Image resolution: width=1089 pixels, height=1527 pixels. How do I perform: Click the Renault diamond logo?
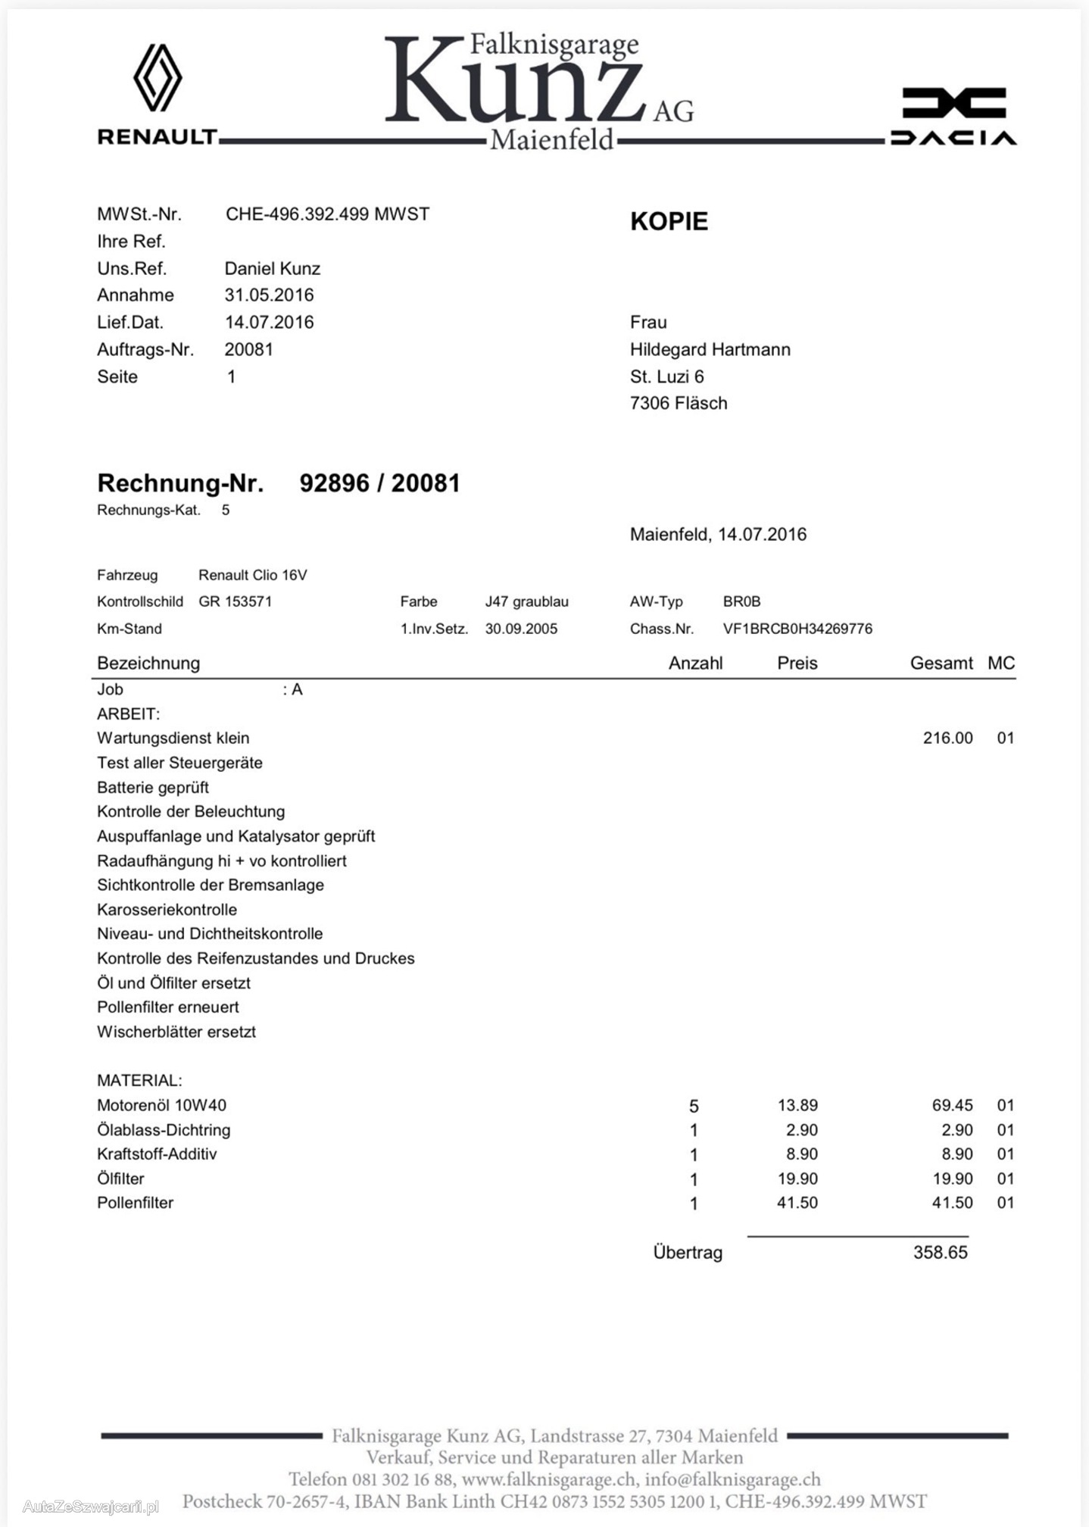pos(158,78)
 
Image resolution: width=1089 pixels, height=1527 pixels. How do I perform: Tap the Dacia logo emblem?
pos(953,104)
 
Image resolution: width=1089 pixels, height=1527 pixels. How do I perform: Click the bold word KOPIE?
pos(669,221)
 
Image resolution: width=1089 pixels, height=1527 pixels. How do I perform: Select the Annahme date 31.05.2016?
pos(269,295)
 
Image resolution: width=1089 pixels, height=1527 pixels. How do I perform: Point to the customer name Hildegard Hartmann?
pos(710,350)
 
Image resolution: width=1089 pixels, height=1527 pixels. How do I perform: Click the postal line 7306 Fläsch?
pos(678,404)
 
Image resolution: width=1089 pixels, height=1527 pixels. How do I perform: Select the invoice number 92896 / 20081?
pos(379,483)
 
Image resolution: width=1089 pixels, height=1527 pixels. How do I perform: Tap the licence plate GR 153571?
pos(235,602)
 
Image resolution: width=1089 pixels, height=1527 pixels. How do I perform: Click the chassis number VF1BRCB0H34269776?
pos(797,629)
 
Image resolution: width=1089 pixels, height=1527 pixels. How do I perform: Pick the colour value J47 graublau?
pos(526,602)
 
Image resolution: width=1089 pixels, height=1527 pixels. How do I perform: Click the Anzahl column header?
pos(695,664)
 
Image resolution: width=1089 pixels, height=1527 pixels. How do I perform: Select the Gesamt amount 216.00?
pos(947,739)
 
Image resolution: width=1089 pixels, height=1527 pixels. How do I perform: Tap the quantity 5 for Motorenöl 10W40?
pos(694,1107)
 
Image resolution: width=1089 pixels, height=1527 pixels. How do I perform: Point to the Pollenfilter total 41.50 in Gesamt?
pos(952,1203)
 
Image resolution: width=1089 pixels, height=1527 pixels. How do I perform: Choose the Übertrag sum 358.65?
pos(940,1253)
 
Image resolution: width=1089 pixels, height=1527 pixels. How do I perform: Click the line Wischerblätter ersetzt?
pos(176,1032)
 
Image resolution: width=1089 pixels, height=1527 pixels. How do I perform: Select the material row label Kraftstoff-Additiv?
pos(157,1154)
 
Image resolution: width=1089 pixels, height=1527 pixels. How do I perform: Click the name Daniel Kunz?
pos(272,269)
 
